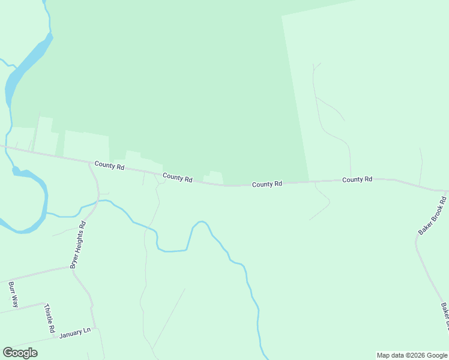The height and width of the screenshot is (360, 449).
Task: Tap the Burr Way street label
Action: [x=13, y=294]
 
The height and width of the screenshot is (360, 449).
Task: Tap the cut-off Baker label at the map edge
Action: [x=445, y=316]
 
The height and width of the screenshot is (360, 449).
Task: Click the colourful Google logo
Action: [x=20, y=353]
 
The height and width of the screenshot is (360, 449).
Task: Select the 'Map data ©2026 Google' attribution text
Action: [x=412, y=355]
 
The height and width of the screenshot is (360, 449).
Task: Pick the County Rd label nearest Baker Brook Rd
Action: [x=357, y=179]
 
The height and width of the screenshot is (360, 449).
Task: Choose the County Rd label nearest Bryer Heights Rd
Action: [x=109, y=166]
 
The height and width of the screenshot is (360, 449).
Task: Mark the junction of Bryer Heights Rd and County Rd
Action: [x=89, y=162]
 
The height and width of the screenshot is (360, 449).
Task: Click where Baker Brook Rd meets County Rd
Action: [x=445, y=191]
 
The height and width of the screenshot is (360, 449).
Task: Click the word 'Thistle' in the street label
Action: [x=48, y=314]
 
